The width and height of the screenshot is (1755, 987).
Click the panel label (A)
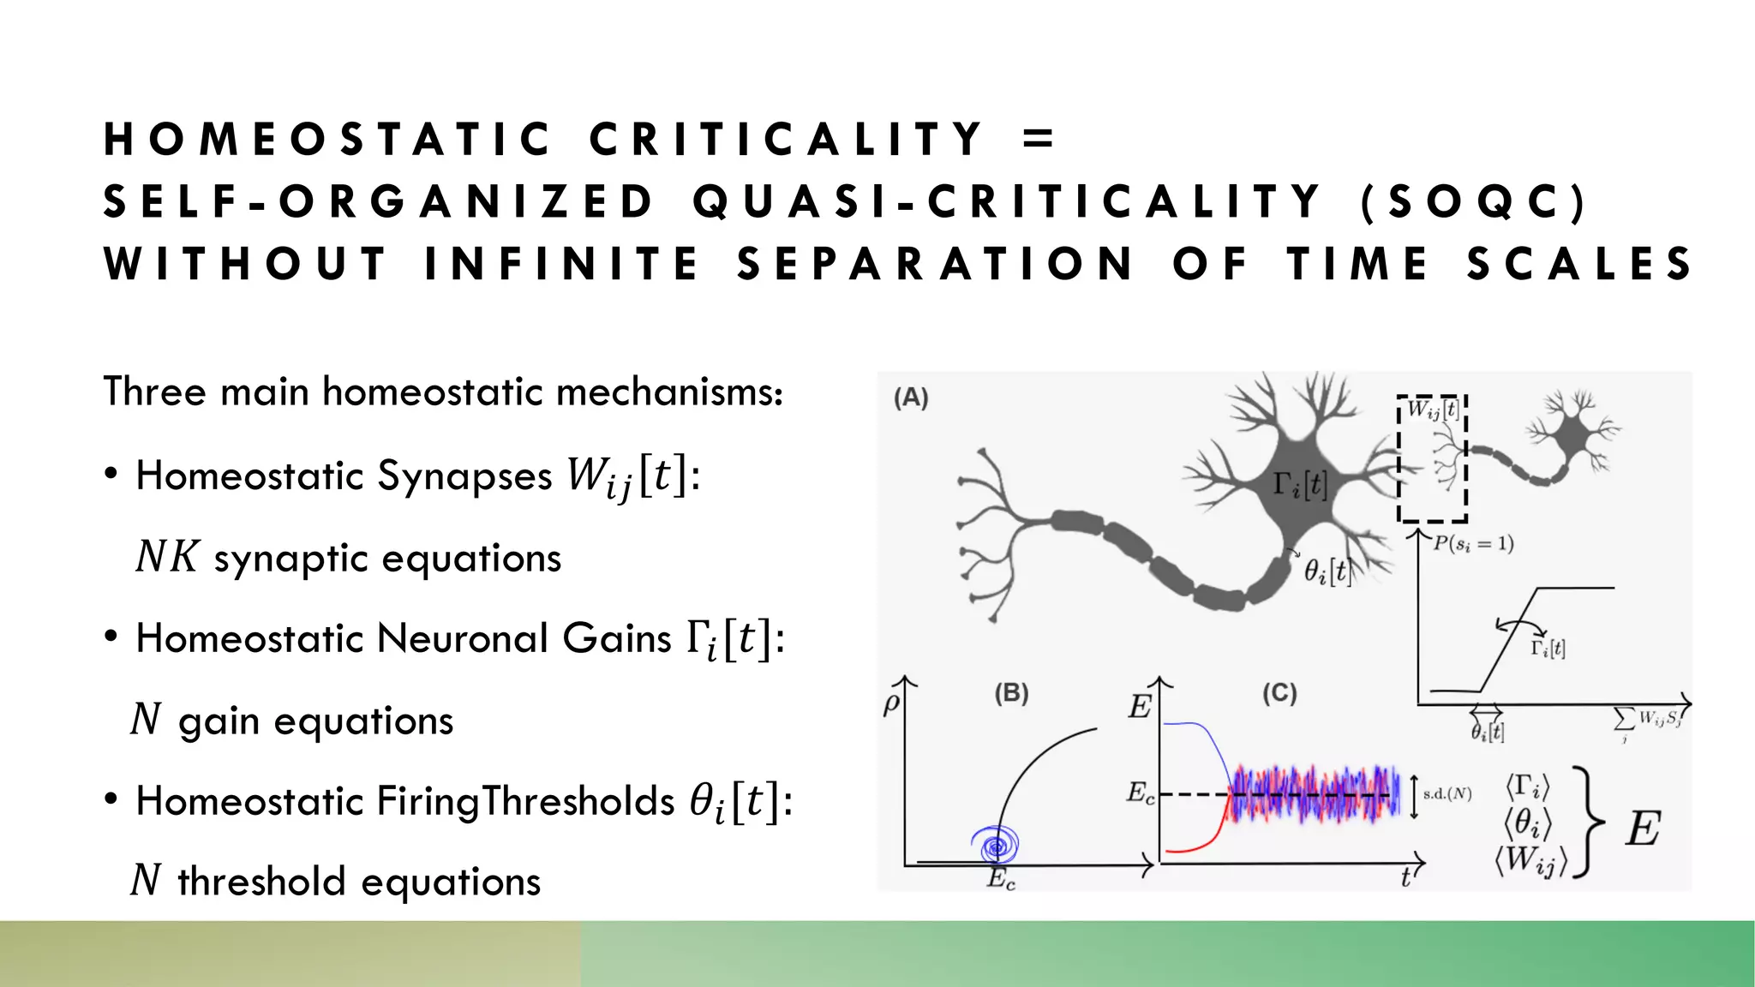tap(911, 398)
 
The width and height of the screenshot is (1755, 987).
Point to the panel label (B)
tap(1011, 692)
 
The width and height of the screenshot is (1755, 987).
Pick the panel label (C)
tap(1279, 692)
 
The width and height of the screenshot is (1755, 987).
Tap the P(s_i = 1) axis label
tap(1473, 543)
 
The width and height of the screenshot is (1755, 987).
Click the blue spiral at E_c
tap(997, 845)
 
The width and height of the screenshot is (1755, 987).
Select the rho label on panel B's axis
tap(891, 703)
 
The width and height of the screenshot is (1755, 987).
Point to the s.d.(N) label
tap(1447, 794)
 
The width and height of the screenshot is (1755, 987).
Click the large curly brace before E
tap(1590, 823)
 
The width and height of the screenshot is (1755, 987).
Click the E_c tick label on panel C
tap(1140, 793)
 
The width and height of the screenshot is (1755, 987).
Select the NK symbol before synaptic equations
tap(168, 557)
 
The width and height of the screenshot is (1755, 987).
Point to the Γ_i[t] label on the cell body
tap(1299, 485)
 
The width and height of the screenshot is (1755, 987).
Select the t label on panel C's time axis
tap(1405, 878)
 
